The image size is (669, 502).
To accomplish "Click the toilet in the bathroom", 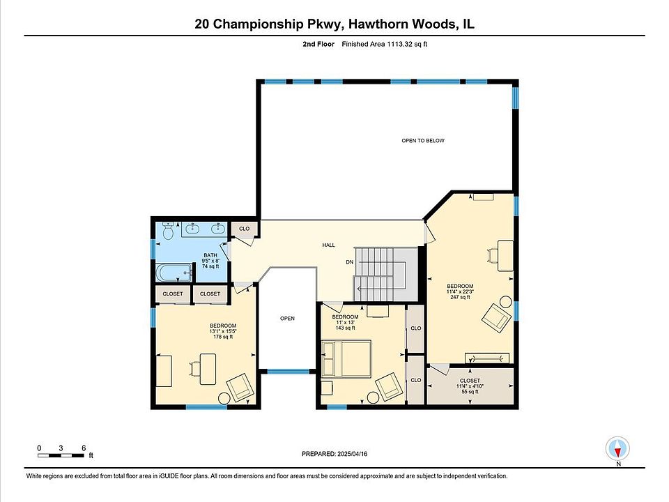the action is (168, 231).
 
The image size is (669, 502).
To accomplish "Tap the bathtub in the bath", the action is (174, 273).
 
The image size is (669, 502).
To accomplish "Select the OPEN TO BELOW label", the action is (423, 140).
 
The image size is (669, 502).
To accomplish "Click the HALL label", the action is (328, 245).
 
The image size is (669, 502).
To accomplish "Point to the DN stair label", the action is (349, 262).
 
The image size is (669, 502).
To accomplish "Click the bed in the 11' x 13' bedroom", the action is (346, 358).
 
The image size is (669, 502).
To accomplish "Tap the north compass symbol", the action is (617, 449).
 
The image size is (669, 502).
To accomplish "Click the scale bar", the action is (61, 455).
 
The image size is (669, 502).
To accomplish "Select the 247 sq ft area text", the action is (460, 297).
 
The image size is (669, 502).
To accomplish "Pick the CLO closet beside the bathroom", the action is (245, 229).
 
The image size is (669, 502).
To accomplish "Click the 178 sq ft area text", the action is (223, 337).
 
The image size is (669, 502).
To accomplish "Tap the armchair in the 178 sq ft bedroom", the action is (240, 388).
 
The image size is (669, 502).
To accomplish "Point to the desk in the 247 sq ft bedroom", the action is (506, 255).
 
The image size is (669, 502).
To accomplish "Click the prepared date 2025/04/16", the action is (352, 454).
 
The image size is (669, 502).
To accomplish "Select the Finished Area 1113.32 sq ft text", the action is (385, 44).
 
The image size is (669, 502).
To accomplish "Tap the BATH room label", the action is (210, 255).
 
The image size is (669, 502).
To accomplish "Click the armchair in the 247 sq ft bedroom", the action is (496, 318).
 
